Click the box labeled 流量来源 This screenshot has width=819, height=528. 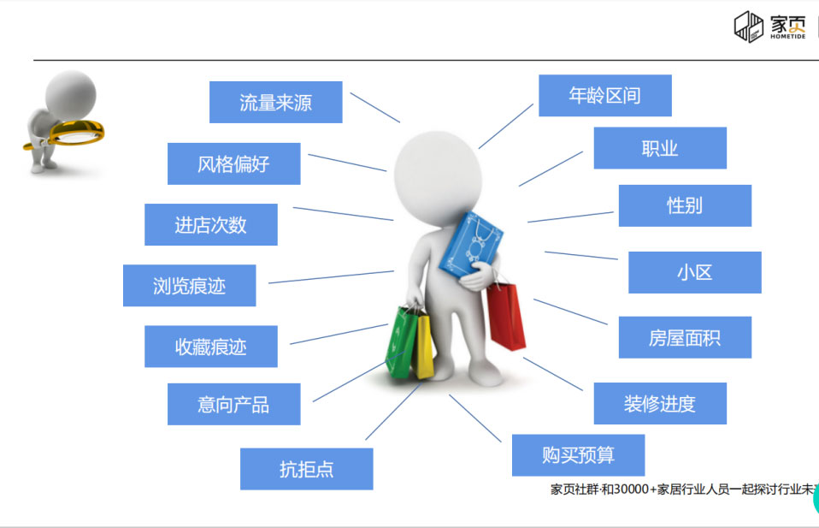(x=275, y=103)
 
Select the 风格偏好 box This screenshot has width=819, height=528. (x=233, y=163)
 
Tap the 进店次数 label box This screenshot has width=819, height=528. (x=210, y=224)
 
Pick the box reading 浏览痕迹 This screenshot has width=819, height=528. (x=189, y=285)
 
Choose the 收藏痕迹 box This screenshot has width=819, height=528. (x=210, y=346)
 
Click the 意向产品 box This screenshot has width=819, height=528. (x=233, y=404)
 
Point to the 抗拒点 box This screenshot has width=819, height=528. (x=306, y=469)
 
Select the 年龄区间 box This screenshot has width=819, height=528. (x=604, y=95)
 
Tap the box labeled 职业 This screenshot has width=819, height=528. (x=659, y=148)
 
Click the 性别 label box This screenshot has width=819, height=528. (x=684, y=205)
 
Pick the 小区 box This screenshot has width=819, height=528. (x=694, y=272)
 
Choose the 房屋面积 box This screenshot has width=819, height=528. (x=684, y=337)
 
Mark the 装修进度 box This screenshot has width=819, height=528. (x=659, y=403)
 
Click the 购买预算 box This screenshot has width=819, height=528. (x=578, y=455)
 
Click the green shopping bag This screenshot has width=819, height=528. (x=402, y=342)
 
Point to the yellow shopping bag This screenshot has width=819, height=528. (x=424, y=347)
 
